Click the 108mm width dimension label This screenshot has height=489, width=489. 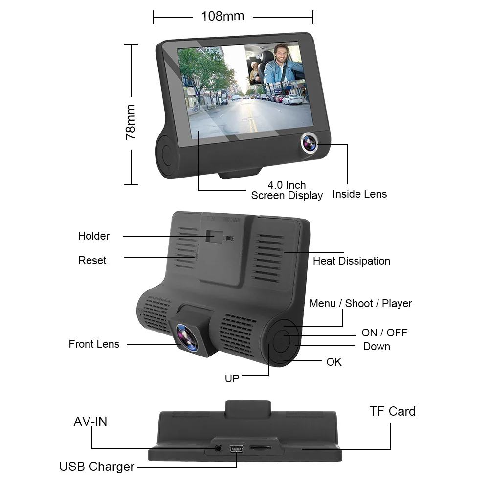tap(222, 16)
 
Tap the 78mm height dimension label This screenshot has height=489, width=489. tap(131, 122)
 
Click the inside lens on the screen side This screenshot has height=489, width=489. tap(309, 143)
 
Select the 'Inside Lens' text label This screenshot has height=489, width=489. tap(359, 194)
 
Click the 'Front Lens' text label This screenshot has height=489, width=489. tap(94, 344)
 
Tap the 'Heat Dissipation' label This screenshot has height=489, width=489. tap(352, 261)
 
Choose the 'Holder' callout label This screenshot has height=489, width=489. tap(94, 236)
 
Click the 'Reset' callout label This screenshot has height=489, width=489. tap(92, 261)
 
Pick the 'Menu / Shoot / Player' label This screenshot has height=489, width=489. tap(360, 304)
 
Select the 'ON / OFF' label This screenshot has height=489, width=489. tap(384, 333)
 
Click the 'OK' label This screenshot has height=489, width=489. tap(334, 362)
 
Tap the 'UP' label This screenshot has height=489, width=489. tap(232, 378)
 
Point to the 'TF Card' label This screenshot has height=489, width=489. tap(392, 411)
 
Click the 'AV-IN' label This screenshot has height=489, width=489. tap(90, 422)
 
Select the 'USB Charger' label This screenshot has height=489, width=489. tap(97, 467)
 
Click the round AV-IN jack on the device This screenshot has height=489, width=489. tap(219, 448)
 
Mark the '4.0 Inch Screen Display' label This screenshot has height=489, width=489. tap(287, 191)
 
